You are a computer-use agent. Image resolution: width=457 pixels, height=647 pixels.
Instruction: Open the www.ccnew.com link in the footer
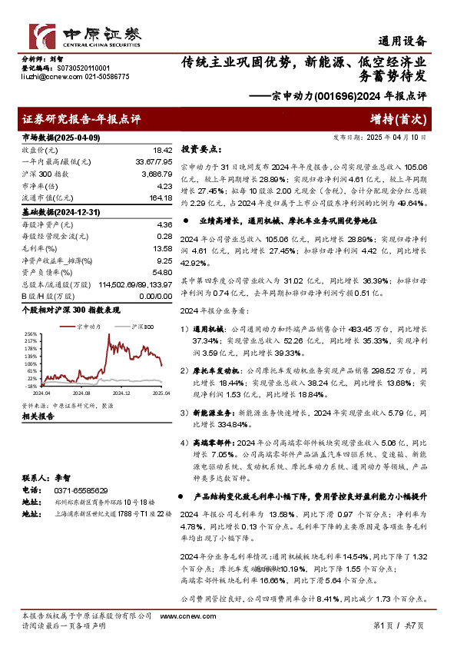pyautogui.click(x=180, y=616)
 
